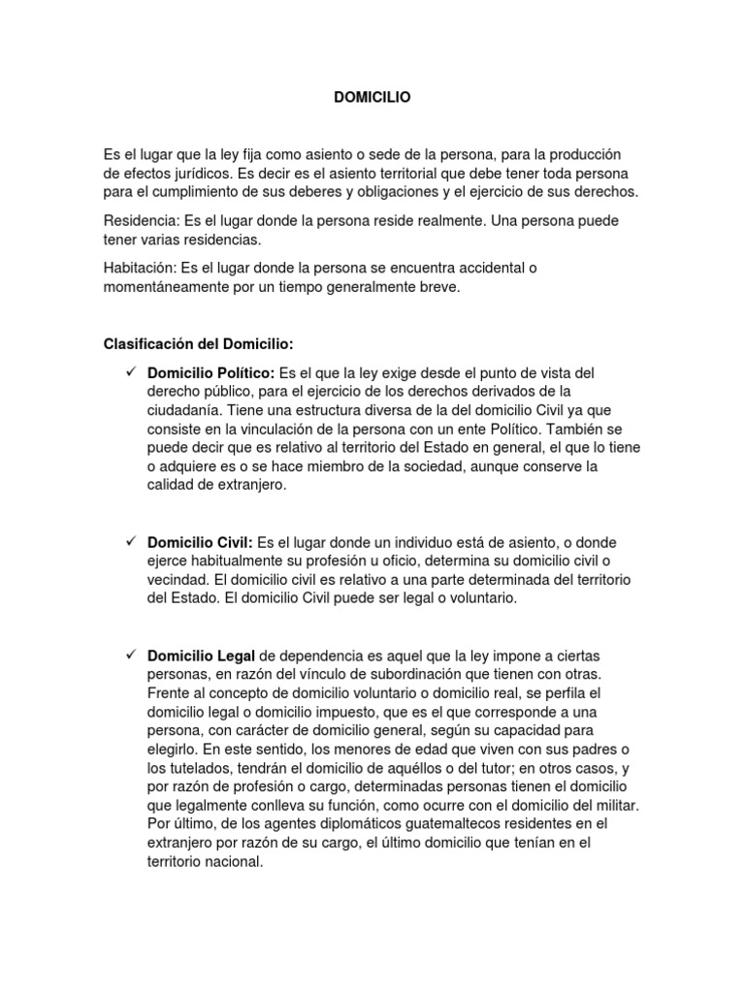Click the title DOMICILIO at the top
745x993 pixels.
tap(372, 97)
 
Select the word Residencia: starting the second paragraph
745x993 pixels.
tap(141, 221)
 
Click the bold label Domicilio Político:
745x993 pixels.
tap(211, 372)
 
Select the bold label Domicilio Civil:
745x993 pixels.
tap(200, 542)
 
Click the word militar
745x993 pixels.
tap(613, 806)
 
